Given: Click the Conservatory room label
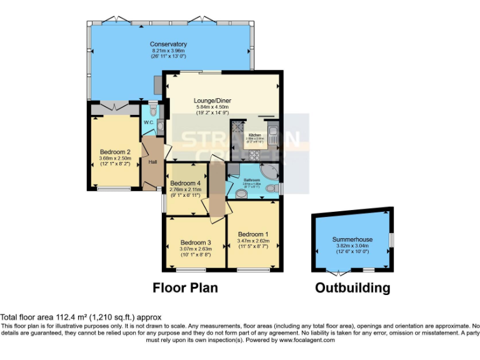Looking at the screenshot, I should click(x=168, y=44).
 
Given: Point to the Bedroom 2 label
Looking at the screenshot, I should click(x=115, y=152).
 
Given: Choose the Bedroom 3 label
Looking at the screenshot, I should click(x=196, y=242).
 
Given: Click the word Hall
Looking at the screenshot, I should click(x=152, y=162).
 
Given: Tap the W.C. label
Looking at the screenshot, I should click(x=149, y=122).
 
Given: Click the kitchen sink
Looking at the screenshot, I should click(x=274, y=132).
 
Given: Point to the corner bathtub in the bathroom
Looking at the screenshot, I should click(x=271, y=172).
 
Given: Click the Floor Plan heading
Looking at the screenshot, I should click(x=186, y=287).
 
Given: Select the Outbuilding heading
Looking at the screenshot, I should click(x=352, y=287).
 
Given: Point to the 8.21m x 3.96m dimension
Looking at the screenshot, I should click(x=168, y=51).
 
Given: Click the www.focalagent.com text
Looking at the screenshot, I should click(x=306, y=340).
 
